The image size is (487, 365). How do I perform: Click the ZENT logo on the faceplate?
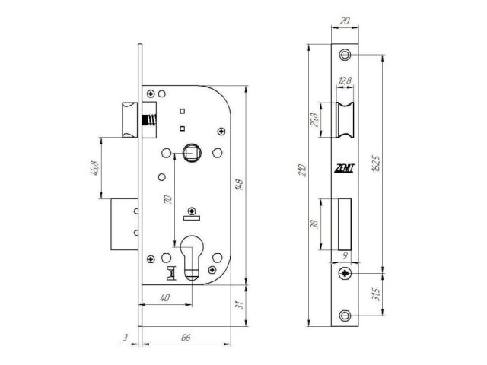coord(344,170)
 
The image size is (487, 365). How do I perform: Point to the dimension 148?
coord(240,184)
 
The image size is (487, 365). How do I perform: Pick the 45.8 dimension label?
coord(95,167)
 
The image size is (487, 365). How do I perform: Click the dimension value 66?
coord(186,336)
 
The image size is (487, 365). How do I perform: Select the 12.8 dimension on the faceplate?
coord(345,81)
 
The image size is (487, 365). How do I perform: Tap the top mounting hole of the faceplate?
coord(345,55)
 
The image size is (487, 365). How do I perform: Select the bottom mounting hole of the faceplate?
coord(345,316)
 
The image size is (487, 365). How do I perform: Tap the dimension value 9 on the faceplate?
coord(345,256)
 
